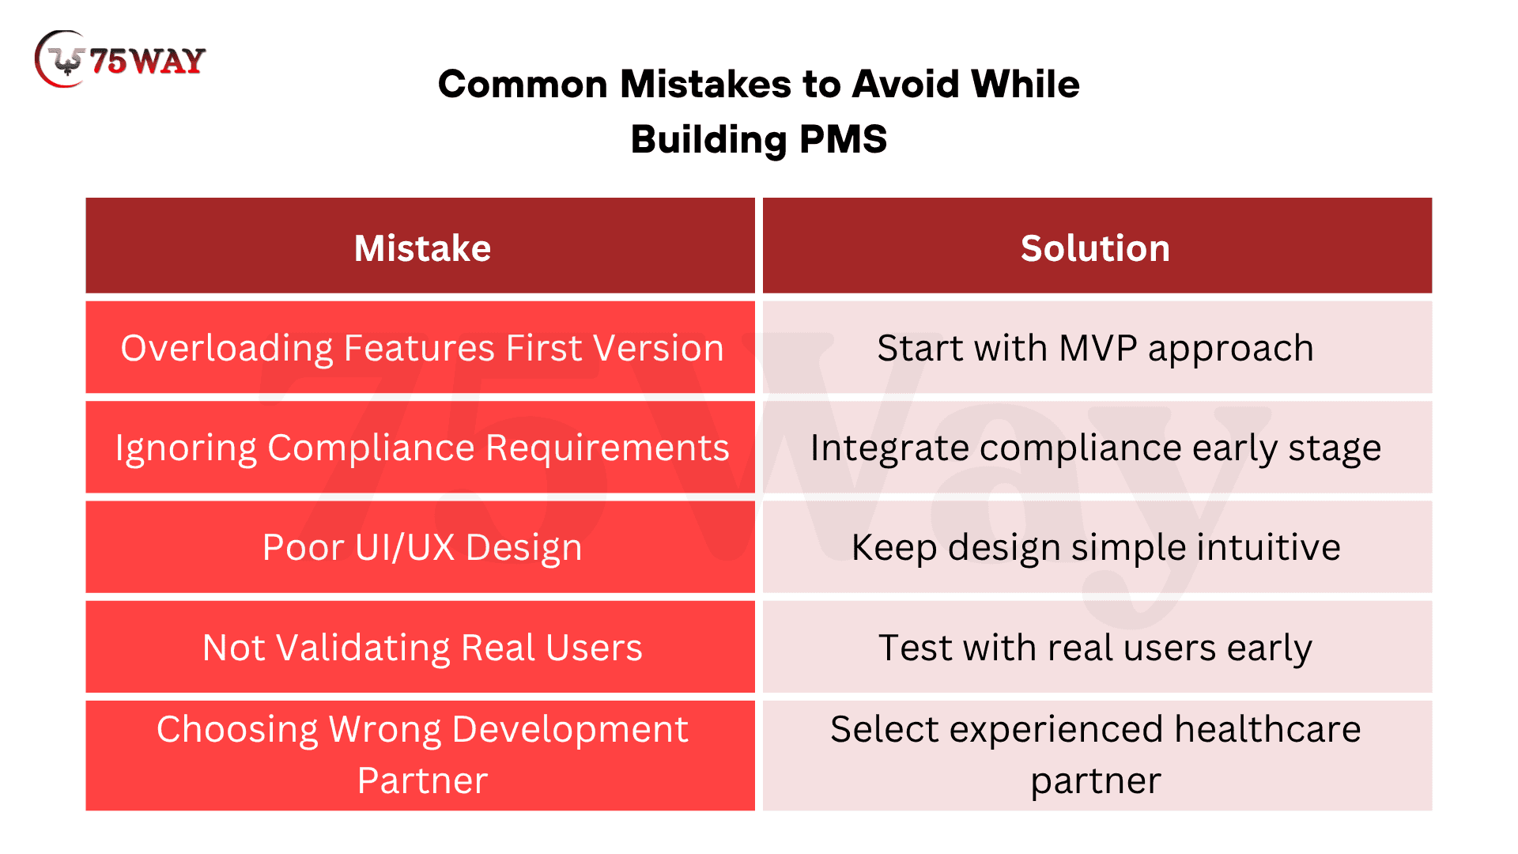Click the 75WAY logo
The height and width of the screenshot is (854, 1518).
coord(120,59)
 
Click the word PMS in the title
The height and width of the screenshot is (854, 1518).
coord(843,139)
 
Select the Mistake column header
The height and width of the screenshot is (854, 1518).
coord(421,246)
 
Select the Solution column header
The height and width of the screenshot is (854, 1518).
coord(1097,246)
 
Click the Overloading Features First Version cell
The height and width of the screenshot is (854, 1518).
coord(421,347)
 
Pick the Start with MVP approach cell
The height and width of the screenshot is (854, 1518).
coord(1097,347)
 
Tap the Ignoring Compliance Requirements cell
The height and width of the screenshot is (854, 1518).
coord(421,447)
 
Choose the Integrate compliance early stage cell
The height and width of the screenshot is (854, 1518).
coord(1097,447)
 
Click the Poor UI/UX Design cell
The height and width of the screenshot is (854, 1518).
coord(421,546)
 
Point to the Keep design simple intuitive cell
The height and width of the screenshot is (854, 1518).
coord(1097,546)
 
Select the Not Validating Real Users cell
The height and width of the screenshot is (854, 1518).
coord(421,647)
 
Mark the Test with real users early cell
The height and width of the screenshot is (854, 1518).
coord(1097,647)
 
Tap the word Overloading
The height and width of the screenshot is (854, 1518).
coord(227,350)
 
